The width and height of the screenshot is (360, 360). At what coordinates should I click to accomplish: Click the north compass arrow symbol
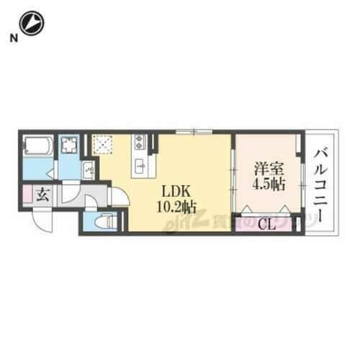tap(32, 23)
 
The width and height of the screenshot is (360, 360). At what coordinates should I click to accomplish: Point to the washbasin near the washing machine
tap(89, 170)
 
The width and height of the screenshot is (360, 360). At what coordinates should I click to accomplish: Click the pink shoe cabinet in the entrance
tap(27, 194)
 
